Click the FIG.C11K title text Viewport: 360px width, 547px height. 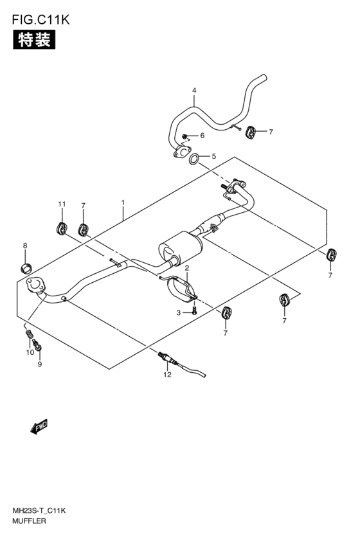40,19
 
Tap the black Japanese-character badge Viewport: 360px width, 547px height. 34,39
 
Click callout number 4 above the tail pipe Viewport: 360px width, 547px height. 194,91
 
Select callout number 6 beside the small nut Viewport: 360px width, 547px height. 203,136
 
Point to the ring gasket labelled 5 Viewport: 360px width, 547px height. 195,159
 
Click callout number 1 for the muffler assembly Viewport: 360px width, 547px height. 123,202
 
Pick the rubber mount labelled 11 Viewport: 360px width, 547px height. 62,228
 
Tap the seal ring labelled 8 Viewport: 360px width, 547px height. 25,268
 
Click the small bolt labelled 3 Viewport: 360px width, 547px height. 195,310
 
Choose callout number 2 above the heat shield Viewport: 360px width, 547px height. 186,268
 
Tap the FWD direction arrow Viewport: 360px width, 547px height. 39,426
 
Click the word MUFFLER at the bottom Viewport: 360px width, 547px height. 29,521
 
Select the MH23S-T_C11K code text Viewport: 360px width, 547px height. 39,511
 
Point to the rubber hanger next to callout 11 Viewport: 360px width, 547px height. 84,229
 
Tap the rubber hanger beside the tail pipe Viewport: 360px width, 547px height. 251,132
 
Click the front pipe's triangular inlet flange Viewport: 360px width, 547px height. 35,284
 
